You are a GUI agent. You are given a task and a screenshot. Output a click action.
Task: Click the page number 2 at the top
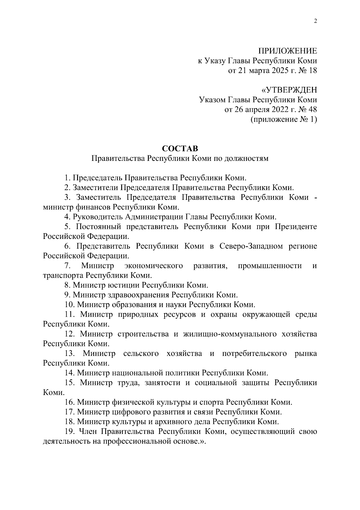(x=315, y=21)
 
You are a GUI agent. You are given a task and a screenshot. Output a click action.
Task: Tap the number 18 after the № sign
(x=313, y=71)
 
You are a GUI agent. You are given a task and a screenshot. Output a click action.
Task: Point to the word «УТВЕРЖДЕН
(x=289, y=90)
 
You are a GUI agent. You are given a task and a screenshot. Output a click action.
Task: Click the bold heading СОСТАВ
(x=180, y=148)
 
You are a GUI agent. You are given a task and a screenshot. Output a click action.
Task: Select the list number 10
(x=69, y=304)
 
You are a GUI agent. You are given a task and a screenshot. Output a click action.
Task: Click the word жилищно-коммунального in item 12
(x=230, y=334)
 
